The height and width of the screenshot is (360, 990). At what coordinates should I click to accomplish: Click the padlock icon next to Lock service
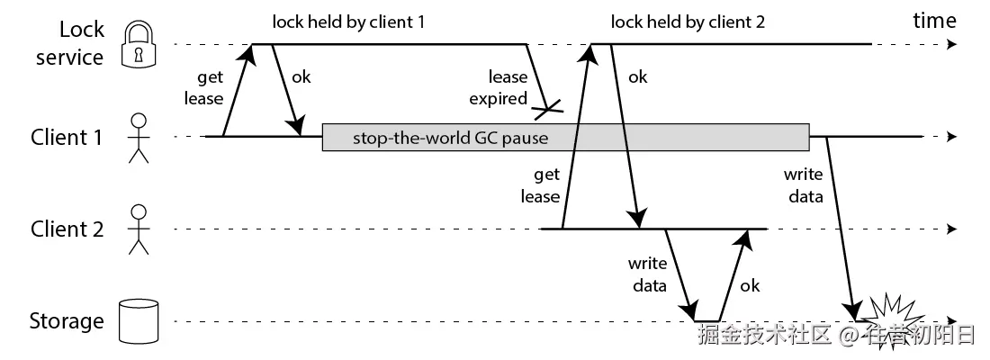coord(139,43)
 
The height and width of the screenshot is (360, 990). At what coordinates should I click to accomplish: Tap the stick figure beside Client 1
coord(139,139)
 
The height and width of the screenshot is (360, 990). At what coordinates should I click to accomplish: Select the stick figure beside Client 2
coord(139,229)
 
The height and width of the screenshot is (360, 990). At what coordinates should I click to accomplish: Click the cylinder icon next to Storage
coord(139,321)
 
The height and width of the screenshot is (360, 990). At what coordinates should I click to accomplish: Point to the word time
coord(934,21)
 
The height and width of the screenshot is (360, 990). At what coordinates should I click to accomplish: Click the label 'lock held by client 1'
coord(348,22)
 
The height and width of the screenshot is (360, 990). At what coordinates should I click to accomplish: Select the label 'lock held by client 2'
coord(688,22)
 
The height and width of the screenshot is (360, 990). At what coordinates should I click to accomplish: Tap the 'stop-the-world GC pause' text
coord(450,138)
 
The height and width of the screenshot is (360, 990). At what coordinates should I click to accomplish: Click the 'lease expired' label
coord(499,88)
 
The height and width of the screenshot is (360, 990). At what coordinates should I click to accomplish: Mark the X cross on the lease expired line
coord(547,112)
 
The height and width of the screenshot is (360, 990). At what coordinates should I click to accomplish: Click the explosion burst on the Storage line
coord(889,319)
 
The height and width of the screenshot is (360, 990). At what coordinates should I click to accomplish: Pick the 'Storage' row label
coord(67,321)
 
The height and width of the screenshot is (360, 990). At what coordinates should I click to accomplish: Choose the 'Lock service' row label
coord(69,43)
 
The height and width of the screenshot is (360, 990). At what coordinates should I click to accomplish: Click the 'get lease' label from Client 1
coord(204,88)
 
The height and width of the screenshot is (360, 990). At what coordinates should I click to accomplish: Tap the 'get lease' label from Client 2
coord(541,185)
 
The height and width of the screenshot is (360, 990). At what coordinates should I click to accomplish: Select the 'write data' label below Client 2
coord(647,274)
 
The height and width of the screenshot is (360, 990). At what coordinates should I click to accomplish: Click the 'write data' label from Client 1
coord(804,185)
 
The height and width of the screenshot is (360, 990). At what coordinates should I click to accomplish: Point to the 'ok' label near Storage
coord(750,285)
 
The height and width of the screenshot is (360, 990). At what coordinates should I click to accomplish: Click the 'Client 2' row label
coord(67,229)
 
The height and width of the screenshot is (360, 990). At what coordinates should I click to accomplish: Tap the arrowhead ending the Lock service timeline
coord(952,44)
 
